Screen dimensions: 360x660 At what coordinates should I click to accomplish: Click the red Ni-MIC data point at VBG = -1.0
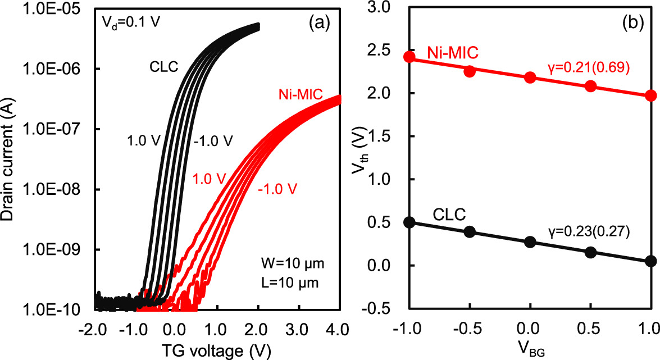pos(409,57)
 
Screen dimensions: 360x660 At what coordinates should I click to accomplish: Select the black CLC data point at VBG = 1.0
pos(651,261)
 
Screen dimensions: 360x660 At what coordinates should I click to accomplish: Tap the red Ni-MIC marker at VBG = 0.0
pos(530,78)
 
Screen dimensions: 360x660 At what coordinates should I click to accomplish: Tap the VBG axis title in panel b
pos(530,347)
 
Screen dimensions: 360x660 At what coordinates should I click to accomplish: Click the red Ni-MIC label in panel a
pos(301,94)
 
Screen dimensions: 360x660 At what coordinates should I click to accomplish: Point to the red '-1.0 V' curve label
pos(278,187)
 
